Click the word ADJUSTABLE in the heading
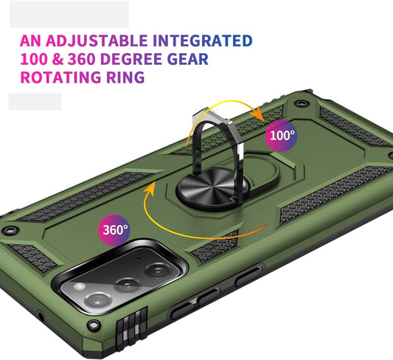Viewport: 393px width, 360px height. [x=97, y=41]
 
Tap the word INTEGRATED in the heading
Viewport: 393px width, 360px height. [x=203, y=41]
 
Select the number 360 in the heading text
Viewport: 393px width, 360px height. [x=82, y=59]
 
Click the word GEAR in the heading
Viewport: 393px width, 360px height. [x=188, y=59]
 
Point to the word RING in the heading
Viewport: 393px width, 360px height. [x=125, y=77]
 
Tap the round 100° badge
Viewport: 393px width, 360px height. [x=281, y=136]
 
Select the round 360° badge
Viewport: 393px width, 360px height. [x=114, y=230]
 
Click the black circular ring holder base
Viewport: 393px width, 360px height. [x=213, y=188]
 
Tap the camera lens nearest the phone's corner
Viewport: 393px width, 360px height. [x=98, y=300]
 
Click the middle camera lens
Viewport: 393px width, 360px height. [x=128, y=285]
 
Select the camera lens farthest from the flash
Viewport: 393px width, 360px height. [x=157, y=270]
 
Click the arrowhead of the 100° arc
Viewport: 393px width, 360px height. [x=259, y=114]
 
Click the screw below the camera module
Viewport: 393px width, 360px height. [x=94, y=325]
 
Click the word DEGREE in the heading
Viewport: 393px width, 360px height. [x=131, y=59]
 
